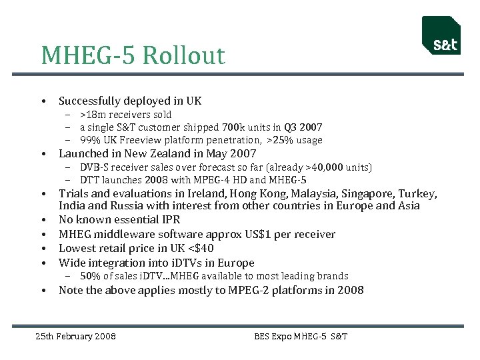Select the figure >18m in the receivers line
91,115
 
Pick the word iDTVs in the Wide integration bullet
172,263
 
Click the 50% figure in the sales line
90,276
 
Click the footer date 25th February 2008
75,337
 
